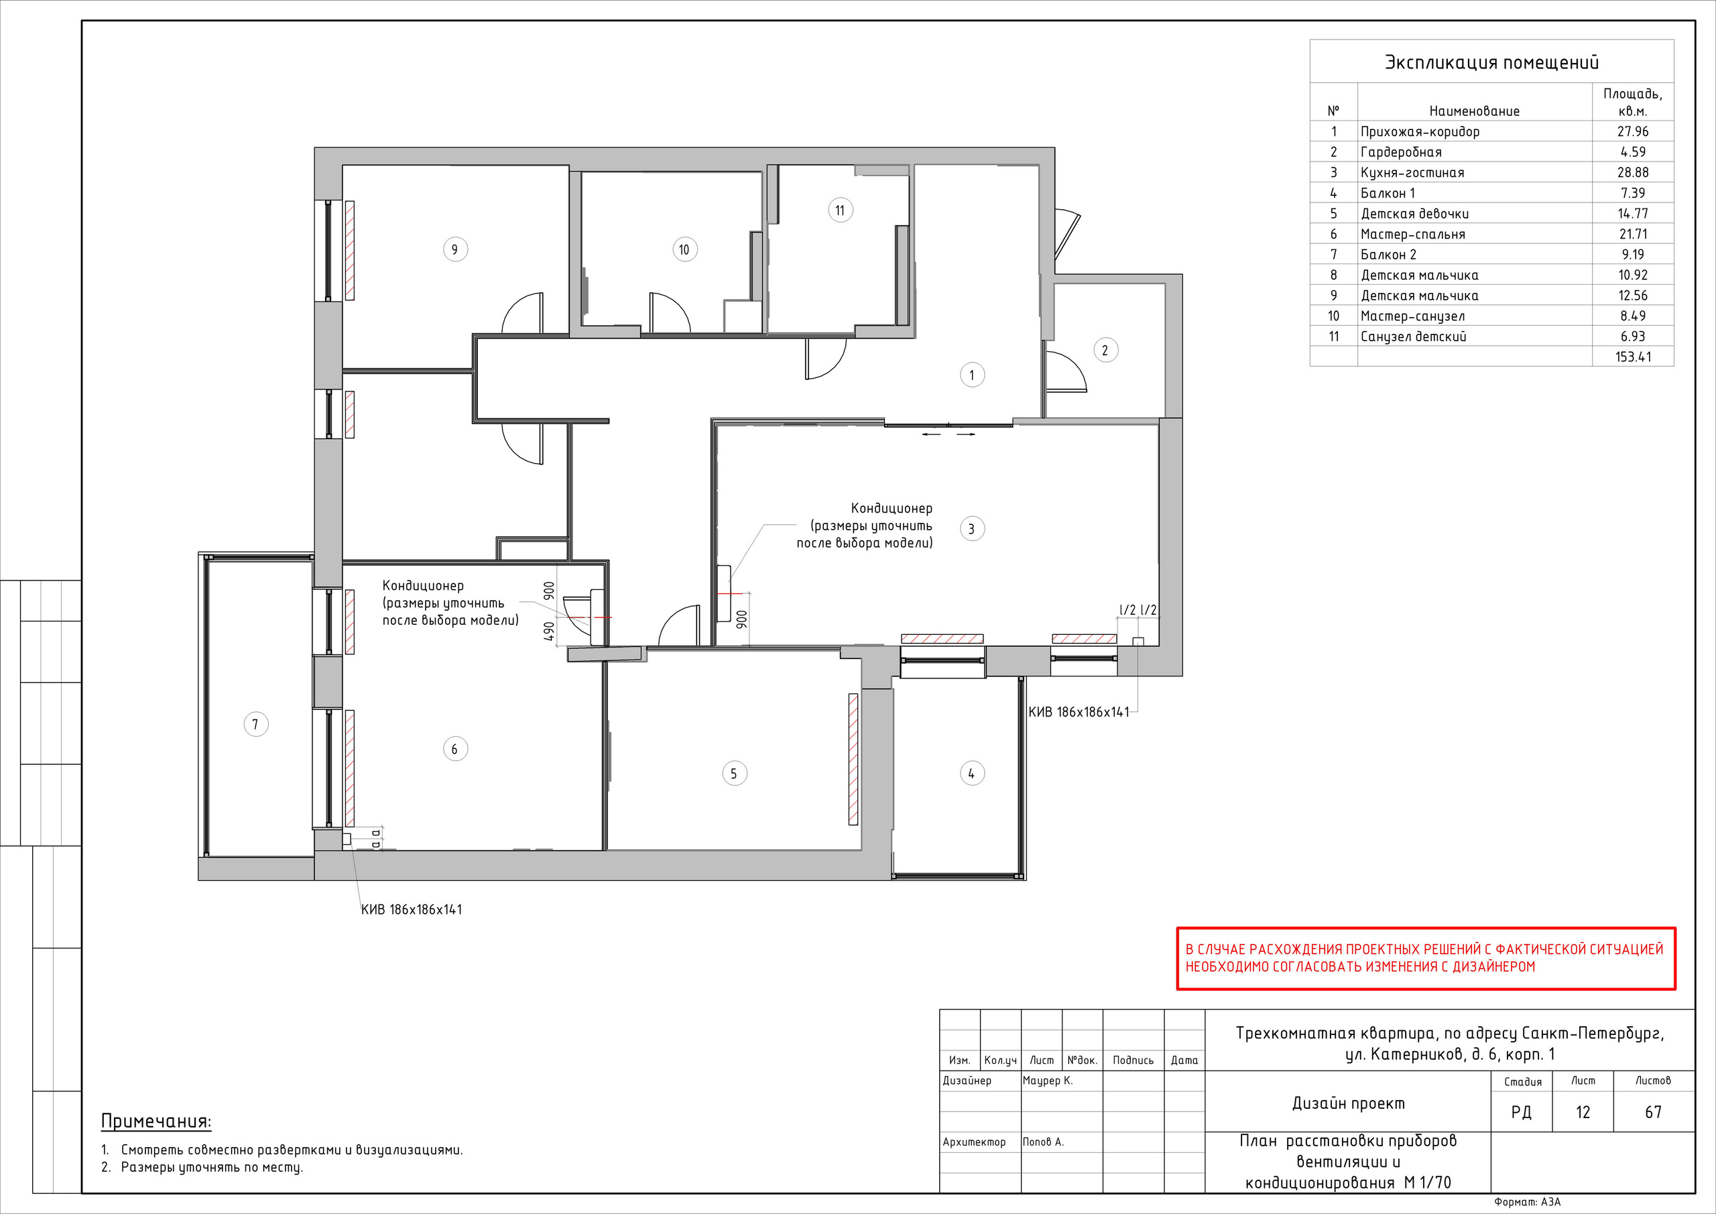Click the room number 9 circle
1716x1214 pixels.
(x=455, y=249)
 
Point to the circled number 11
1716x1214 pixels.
(x=840, y=210)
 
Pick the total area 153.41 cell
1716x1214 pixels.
(x=1633, y=357)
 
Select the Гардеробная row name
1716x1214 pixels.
(x=1400, y=152)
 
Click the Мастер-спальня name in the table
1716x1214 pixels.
(x=1412, y=235)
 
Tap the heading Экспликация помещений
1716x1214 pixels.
(x=1492, y=63)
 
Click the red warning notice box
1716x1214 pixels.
(x=1426, y=959)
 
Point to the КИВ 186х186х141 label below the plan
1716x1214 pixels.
(x=411, y=910)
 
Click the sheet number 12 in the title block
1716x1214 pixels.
(x=1583, y=1112)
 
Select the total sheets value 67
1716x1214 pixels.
(x=1653, y=1112)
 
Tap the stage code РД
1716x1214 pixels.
(x=1521, y=1112)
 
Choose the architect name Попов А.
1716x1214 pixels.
(x=1044, y=1142)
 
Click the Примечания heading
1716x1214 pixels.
(x=156, y=1121)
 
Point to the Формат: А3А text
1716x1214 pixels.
(x=1528, y=1202)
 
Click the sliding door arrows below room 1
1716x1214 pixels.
(x=948, y=434)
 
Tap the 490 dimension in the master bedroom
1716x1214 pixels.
(x=550, y=631)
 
